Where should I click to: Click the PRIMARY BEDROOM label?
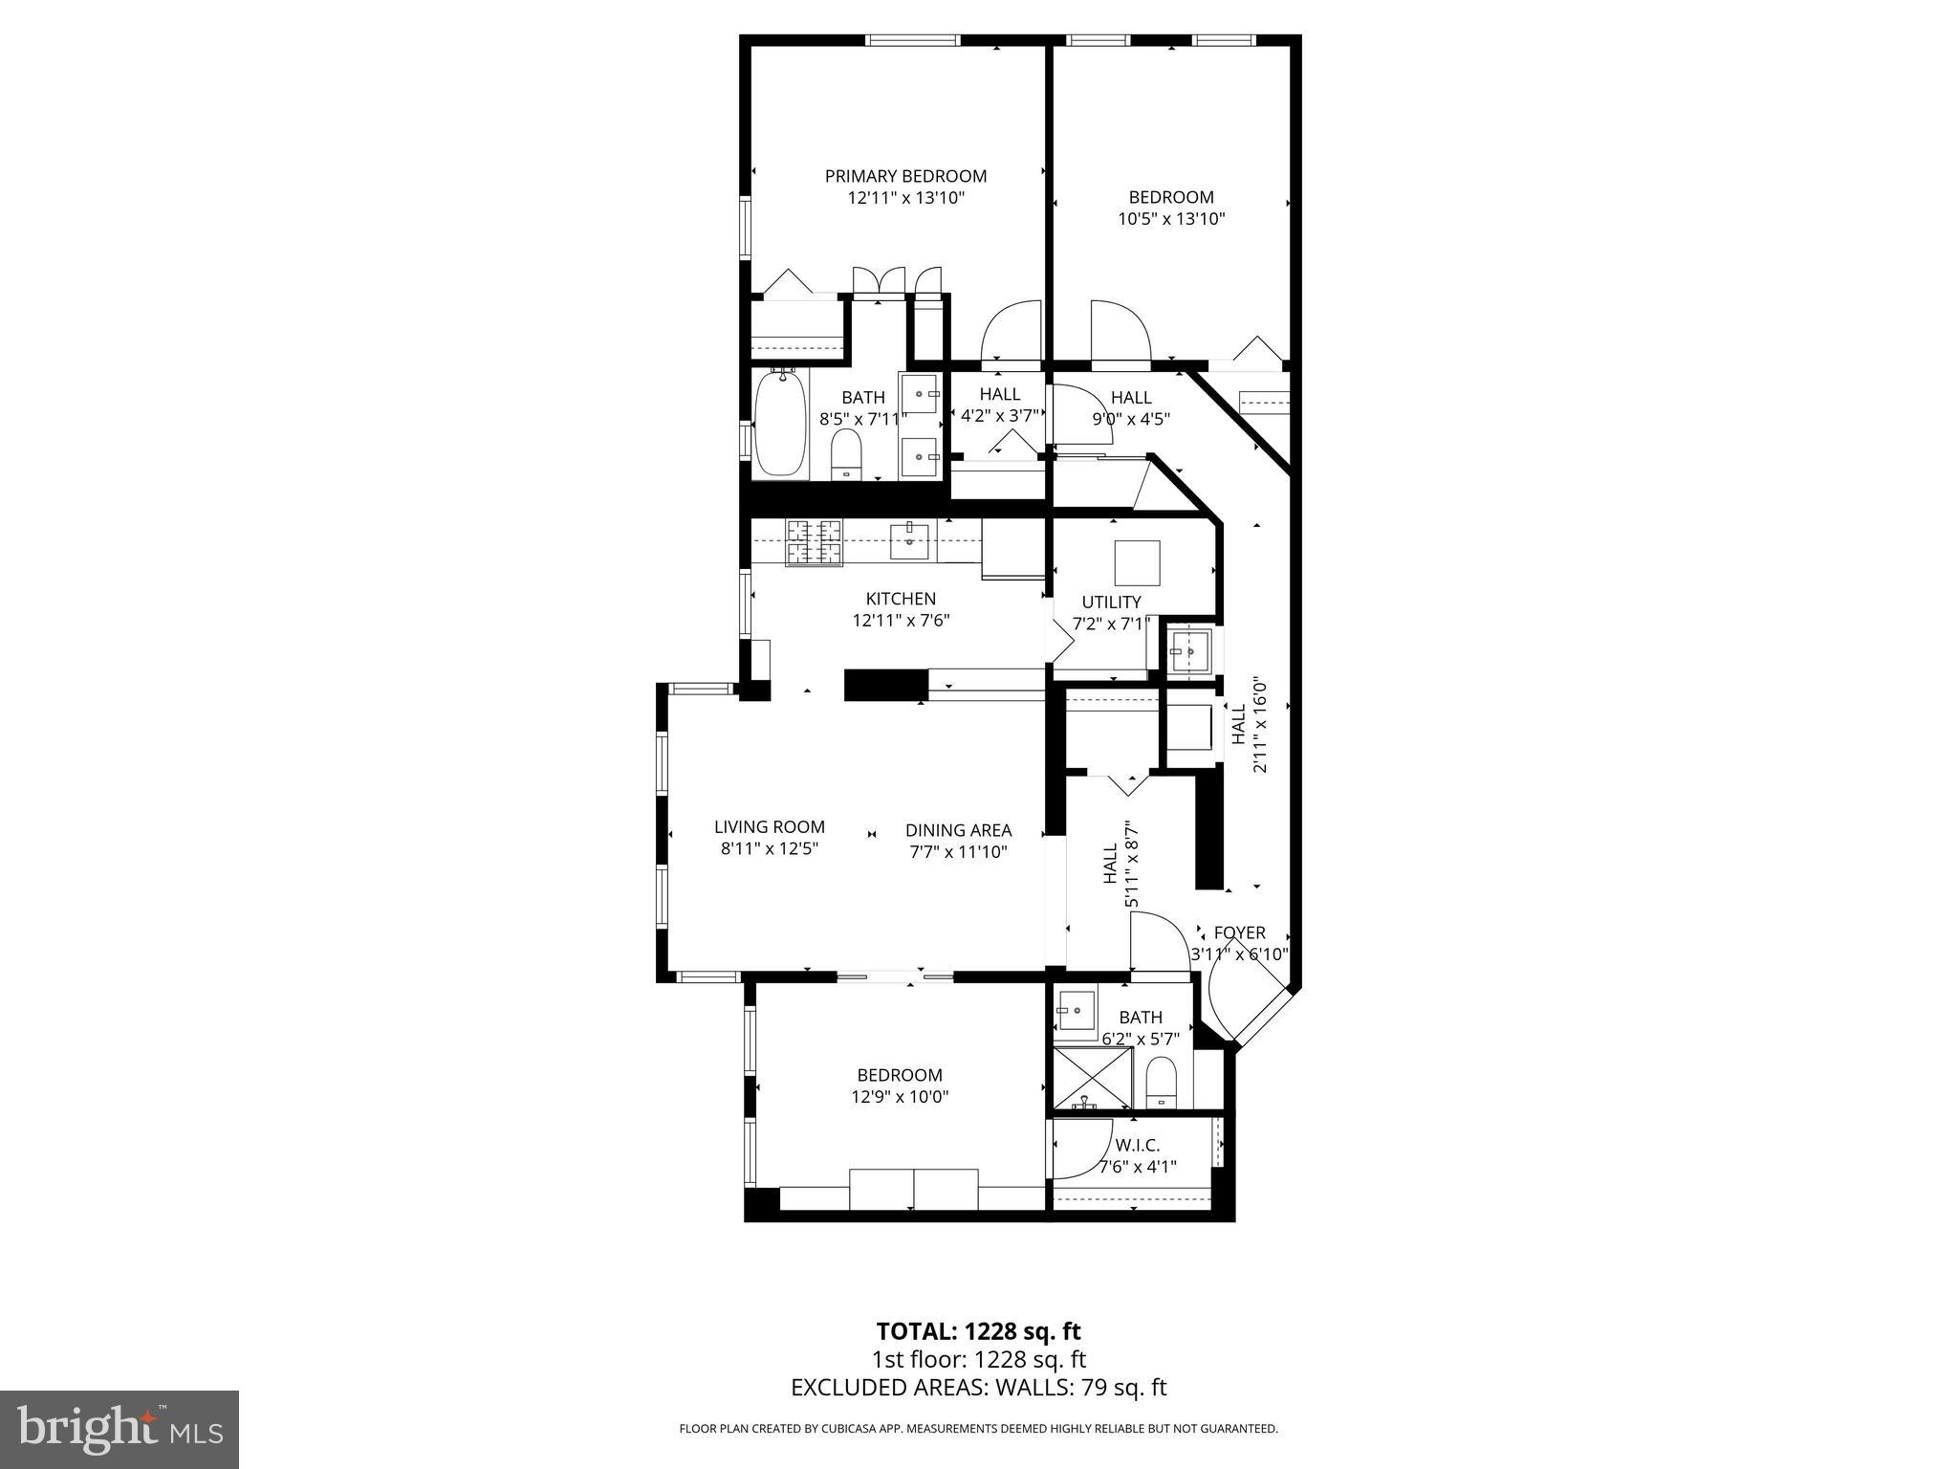[x=905, y=176]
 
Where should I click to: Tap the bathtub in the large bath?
[x=781, y=425]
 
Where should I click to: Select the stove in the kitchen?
[x=814, y=541]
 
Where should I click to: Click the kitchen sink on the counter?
[x=909, y=540]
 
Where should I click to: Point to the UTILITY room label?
[x=1111, y=602]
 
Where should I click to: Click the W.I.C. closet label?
[x=1137, y=1145]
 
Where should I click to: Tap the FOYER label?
[x=1239, y=932]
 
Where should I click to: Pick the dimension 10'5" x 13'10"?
[x=1171, y=219]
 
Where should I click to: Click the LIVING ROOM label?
[x=769, y=827]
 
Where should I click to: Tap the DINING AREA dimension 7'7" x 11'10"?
[x=958, y=852]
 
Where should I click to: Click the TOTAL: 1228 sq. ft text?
[x=978, y=1331]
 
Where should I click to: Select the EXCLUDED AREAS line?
[x=978, y=1388]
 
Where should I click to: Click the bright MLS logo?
[x=120, y=1430]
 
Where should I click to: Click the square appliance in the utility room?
[x=1137, y=562]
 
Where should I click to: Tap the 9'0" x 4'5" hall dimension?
[x=1131, y=418]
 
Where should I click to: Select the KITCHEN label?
[x=901, y=599]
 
